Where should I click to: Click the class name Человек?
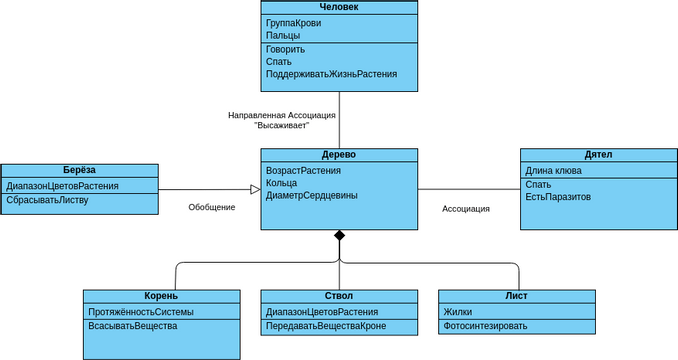tap(339, 7)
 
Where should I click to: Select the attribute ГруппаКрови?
tap(294, 23)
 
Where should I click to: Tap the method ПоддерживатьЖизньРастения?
tap(331, 74)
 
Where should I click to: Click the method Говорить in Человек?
tap(286, 49)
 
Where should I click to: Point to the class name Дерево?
tap(339, 155)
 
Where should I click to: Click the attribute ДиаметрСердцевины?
tap(311, 195)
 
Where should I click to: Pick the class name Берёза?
tap(79, 170)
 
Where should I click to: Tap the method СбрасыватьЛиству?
tap(48, 199)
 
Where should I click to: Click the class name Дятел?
tap(598, 155)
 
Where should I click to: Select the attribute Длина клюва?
tap(554, 171)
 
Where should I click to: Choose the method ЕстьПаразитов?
tap(558, 197)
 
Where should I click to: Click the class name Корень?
tap(161, 296)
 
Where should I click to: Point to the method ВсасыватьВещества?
tap(133, 326)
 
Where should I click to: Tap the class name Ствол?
tap(339, 296)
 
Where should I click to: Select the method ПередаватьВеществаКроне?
tap(326, 326)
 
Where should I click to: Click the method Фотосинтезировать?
tap(485, 326)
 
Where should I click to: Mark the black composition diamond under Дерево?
tap(339, 235)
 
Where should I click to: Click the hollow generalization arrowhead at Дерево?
tap(255, 189)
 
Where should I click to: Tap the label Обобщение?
tap(212, 207)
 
